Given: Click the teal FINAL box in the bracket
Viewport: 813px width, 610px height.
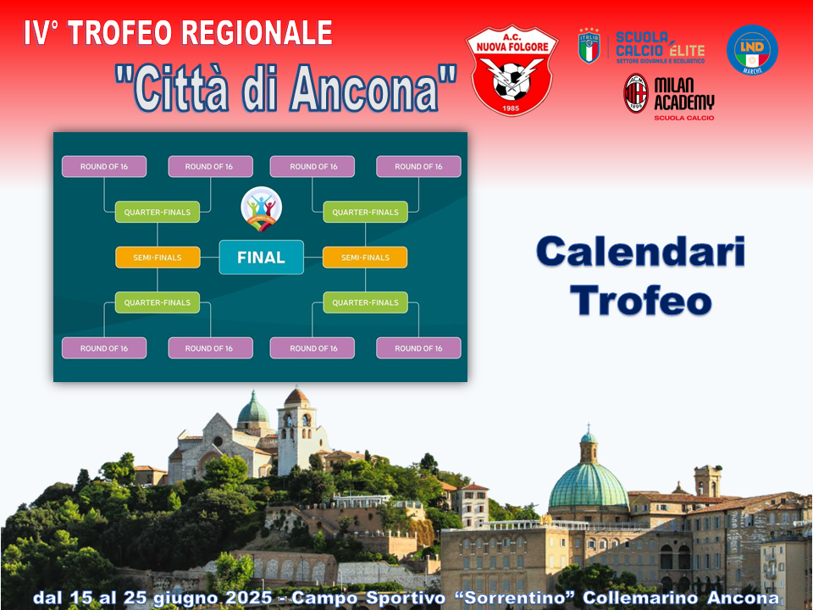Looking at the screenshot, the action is pyautogui.click(x=262, y=258).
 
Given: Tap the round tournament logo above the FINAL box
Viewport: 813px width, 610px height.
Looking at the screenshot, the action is pyautogui.click(x=262, y=208).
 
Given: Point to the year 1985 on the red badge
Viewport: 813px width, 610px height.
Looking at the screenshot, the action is pyautogui.click(x=511, y=108).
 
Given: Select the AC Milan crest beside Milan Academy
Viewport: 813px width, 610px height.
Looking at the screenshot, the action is pyautogui.click(x=636, y=93).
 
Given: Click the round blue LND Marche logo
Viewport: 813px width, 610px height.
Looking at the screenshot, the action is pyautogui.click(x=752, y=50).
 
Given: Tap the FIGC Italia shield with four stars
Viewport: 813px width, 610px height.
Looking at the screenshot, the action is pyautogui.click(x=589, y=46).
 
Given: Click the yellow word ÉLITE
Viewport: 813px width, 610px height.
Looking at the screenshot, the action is pyautogui.click(x=687, y=50).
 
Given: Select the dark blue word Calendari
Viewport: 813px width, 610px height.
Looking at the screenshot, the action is pyautogui.click(x=641, y=252).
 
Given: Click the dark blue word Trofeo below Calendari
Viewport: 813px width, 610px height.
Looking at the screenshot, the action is pyautogui.click(x=641, y=300).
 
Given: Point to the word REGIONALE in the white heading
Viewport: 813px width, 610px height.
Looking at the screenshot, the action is pyautogui.click(x=257, y=33).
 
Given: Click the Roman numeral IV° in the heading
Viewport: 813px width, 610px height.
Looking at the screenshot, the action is pyautogui.click(x=41, y=33).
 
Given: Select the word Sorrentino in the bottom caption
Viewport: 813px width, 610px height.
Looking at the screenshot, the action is pyautogui.click(x=514, y=597).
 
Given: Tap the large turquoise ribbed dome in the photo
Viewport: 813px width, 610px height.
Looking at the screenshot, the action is pyautogui.click(x=589, y=485).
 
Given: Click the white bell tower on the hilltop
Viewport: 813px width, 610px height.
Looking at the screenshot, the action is pyautogui.click(x=297, y=431).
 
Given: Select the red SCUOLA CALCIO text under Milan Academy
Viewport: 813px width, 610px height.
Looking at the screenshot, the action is pyautogui.click(x=684, y=118).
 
